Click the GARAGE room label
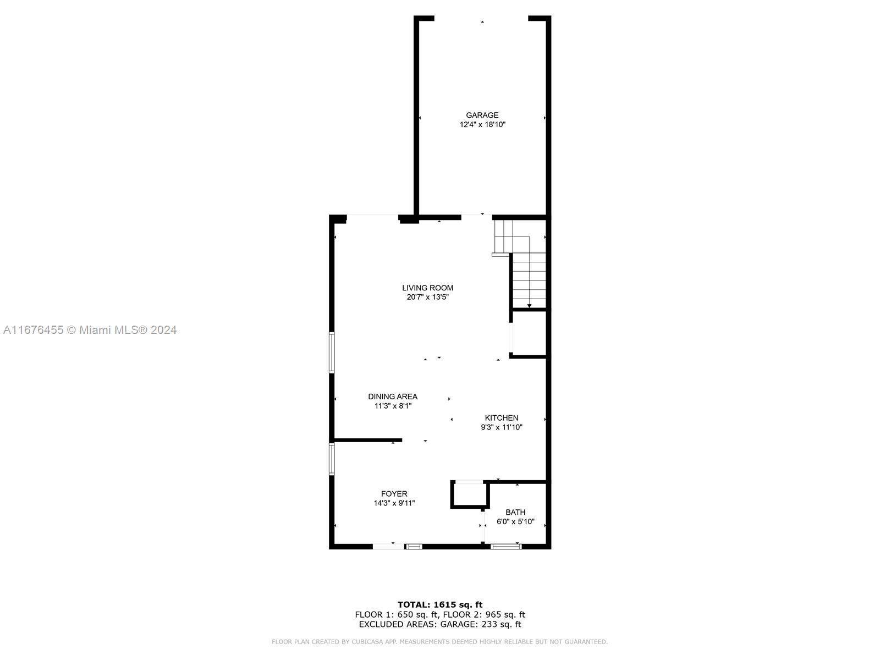[x=482, y=115]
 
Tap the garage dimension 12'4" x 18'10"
[x=482, y=125]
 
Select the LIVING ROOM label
[x=427, y=288]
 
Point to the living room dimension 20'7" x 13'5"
[x=427, y=297]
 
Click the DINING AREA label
[x=393, y=397]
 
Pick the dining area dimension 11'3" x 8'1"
[x=393, y=406]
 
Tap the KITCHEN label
[x=501, y=417]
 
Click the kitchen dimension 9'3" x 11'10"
[x=502, y=427]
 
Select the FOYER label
[x=394, y=494]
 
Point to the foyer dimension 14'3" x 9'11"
[x=394, y=503]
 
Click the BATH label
[x=515, y=512]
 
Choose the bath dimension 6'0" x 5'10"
[x=515, y=522]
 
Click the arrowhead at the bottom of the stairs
[x=529, y=306]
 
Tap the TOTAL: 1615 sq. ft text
[x=440, y=604]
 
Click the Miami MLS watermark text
[x=90, y=330]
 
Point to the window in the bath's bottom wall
[x=506, y=547]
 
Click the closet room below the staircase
[x=529, y=333]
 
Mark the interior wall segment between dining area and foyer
[x=368, y=441]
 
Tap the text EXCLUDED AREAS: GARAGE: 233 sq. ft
[x=440, y=624]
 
